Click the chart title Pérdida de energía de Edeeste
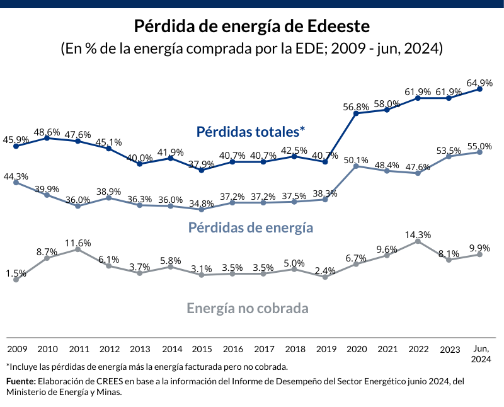251,26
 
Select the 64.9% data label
479,83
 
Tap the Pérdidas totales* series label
251,132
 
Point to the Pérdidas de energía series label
251,227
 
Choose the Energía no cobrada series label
248,309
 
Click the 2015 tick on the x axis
202,348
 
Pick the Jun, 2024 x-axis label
481,353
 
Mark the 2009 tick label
17,348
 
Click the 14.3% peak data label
418,235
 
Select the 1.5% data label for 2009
16,273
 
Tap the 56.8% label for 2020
356,106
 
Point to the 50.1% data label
356,159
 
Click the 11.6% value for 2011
77,243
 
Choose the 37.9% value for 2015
202,164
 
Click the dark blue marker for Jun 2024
480,89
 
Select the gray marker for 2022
418,241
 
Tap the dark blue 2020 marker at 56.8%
356,113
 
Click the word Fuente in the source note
21,381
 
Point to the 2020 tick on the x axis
356,348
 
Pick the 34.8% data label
202,203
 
